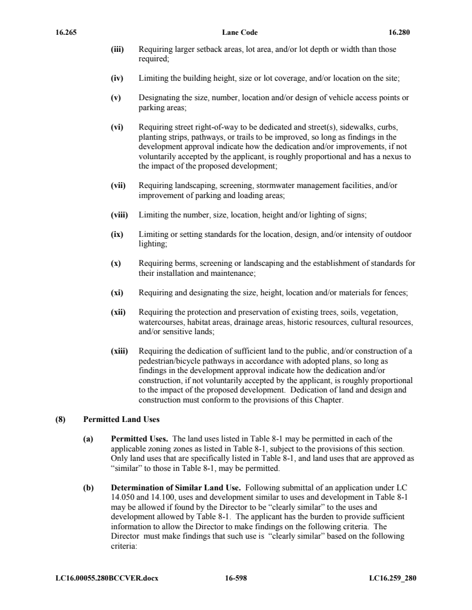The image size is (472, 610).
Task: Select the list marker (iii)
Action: coord(118,50)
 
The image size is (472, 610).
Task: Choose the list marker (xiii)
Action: coord(120,351)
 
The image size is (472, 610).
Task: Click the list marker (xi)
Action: coord(118,291)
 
